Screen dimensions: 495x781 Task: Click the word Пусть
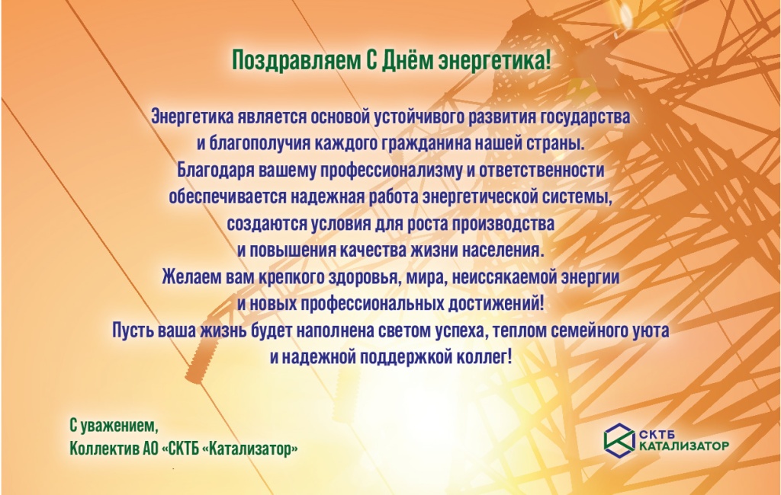(x=132, y=331)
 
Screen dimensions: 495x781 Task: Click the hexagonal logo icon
(x=619, y=440)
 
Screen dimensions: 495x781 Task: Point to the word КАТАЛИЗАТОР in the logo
(x=683, y=446)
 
